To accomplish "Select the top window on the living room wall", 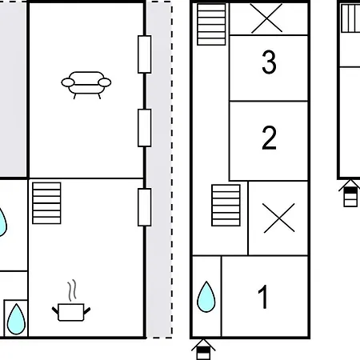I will tap(145, 54).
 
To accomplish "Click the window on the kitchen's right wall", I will tap(145, 206).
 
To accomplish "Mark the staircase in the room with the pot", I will tap(46, 203).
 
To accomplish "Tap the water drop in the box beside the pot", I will tap(16, 318).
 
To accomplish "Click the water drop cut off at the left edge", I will tap(3, 222).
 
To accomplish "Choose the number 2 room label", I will tap(269, 138).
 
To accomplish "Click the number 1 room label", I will tap(263, 297).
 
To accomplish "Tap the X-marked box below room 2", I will tap(278, 218).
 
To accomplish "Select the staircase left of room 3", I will tap(211, 24).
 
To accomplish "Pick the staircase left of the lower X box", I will tap(226, 205).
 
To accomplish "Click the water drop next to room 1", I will tap(206, 297).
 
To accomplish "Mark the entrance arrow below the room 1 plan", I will tap(204, 349).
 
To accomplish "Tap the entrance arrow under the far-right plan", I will tap(350, 193).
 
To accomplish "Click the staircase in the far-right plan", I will tap(350, 17).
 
